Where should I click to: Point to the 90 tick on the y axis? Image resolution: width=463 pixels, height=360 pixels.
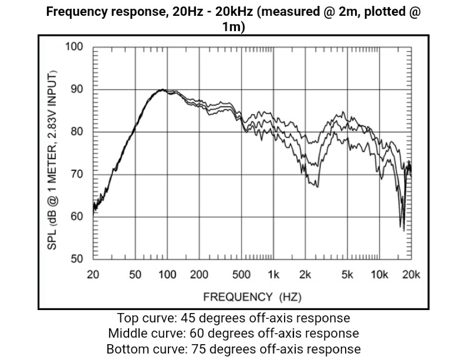pyautogui.click(x=77, y=89)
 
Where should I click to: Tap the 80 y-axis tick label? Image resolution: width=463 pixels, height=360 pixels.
pyautogui.click(x=77, y=132)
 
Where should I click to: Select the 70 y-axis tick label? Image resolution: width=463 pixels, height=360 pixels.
pyautogui.click(x=77, y=174)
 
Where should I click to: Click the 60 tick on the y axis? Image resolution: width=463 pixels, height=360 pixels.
pyautogui.click(x=77, y=217)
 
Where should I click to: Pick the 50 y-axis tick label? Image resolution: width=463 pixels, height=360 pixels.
pyautogui.click(x=77, y=259)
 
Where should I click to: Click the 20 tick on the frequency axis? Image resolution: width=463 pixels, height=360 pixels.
pyautogui.click(x=93, y=275)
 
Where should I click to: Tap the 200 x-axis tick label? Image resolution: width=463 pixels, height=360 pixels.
pyautogui.click(x=200, y=275)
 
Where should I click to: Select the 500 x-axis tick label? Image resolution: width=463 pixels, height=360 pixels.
pyautogui.click(x=242, y=275)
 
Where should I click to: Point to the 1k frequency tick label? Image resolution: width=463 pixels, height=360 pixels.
pyautogui.click(x=273, y=275)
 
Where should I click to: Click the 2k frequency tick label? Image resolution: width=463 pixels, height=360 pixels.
pyautogui.click(x=305, y=275)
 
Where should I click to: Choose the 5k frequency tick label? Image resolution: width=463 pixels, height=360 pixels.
pyautogui.click(x=347, y=275)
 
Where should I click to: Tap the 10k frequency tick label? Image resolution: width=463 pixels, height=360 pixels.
pyautogui.click(x=379, y=275)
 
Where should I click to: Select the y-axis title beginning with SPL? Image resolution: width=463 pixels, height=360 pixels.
pyautogui.click(x=52, y=159)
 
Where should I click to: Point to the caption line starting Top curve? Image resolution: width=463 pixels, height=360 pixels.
pyautogui.click(x=234, y=318)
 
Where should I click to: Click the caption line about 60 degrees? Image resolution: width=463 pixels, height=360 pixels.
pyautogui.click(x=234, y=334)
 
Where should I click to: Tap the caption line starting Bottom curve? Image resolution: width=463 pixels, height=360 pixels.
pyautogui.click(x=234, y=349)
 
